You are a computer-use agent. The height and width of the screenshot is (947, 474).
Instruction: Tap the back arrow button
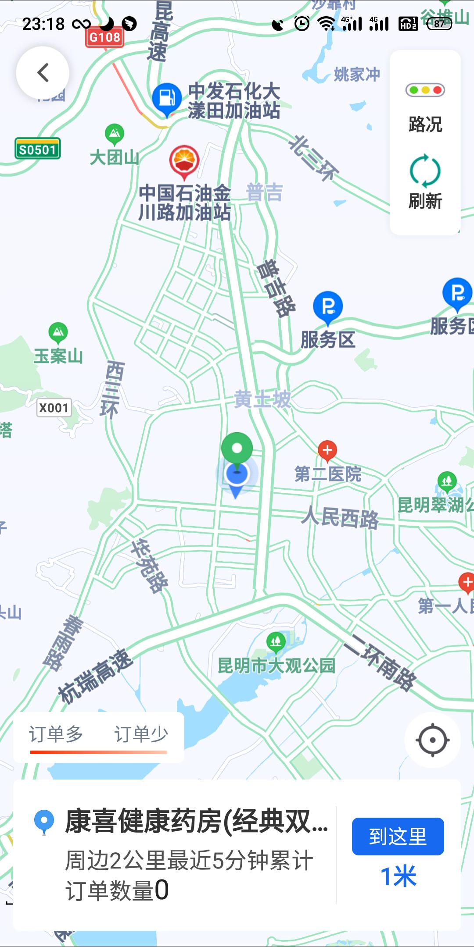[x=43, y=73]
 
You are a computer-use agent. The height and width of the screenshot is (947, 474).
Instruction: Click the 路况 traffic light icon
[x=425, y=90]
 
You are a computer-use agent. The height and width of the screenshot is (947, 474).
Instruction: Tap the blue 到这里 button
[x=398, y=836]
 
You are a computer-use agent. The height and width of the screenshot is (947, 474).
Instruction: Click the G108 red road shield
[x=104, y=37]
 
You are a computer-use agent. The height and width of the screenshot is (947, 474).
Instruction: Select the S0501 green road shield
[x=37, y=149]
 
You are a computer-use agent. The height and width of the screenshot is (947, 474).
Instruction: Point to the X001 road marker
[x=54, y=408]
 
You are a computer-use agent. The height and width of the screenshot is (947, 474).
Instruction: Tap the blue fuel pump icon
[x=167, y=98]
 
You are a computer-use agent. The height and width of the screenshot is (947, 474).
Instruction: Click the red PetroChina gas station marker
[x=184, y=161]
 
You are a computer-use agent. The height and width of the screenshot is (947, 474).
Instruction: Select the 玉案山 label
[x=58, y=356]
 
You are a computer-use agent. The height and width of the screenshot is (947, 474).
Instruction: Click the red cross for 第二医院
[x=327, y=450]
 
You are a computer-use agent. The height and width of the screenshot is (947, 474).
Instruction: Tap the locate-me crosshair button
[x=432, y=741]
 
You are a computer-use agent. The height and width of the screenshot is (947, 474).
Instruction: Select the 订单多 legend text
[x=56, y=734]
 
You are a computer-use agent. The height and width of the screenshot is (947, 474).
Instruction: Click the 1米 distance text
[x=398, y=876]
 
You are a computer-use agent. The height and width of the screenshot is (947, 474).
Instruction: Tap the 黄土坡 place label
[x=262, y=399]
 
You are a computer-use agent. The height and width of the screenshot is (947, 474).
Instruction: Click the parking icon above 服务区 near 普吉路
[x=328, y=306]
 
